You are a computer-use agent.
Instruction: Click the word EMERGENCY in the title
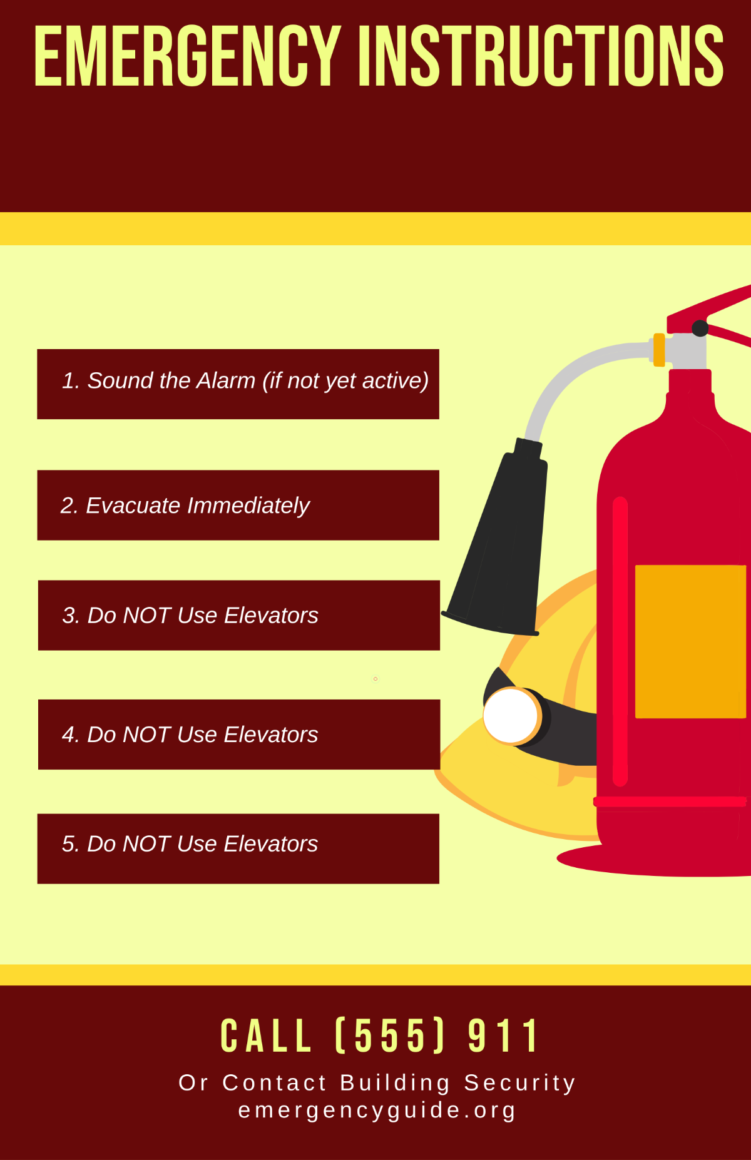(x=186, y=56)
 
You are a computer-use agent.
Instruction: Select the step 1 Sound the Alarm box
(x=238, y=384)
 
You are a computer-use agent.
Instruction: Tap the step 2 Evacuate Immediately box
(x=238, y=505)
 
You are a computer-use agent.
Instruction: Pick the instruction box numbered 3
(x=238, y=615)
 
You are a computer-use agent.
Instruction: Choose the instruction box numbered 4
(x=238, y=734)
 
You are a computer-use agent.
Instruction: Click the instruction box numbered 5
(x=238, y=848)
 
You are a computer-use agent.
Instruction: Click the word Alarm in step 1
(x=225, y=380)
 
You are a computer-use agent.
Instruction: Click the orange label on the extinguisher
(x=690, y=641)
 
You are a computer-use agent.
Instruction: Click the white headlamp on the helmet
(x=511, y=716)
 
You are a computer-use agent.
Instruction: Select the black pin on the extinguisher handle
(x=700, y=328)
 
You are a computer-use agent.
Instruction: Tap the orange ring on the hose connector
(x=658, y=350)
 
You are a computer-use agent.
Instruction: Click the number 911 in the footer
(x=504, y=1036)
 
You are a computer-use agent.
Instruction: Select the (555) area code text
(x=391, y=1036)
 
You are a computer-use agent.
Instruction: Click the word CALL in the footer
(x=266, y=1036)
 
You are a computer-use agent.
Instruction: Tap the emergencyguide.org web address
(x=377, y=1110)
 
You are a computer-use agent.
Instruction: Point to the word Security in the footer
(x=519, y=1082)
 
